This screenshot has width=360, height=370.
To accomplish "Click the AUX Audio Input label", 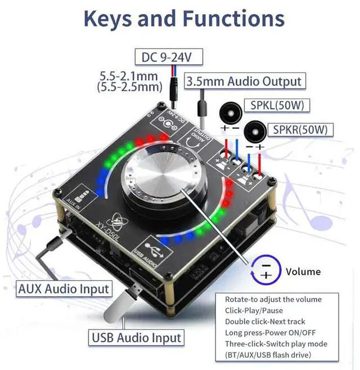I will (64, 289).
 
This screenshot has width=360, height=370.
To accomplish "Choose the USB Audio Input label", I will (136, 338).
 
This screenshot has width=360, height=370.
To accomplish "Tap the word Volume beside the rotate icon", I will (303, 271).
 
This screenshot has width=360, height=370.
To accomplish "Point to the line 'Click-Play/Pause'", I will (254, 310).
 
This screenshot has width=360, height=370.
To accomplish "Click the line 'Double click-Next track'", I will (265, 321).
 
